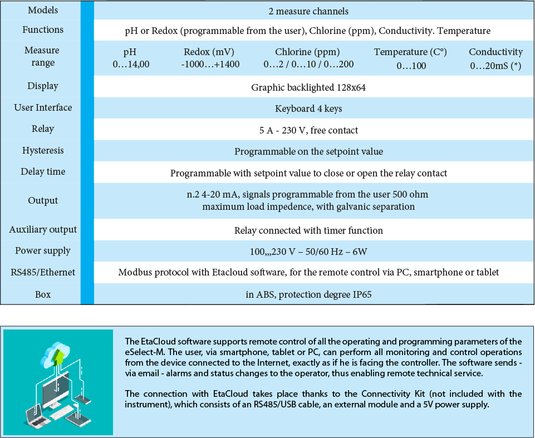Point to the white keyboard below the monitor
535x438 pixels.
[x=62, y=412]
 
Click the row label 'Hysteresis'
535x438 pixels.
[x=43, y=150]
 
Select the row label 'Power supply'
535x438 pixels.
[x=43, y=250]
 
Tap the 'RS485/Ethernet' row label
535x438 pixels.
[x=43, y=272]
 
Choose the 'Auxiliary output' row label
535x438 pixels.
[x=43, y=229]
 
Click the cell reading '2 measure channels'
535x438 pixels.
[x=308, y=11]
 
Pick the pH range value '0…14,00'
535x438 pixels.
[x=131, y=64]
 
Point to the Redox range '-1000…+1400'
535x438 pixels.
[x=210, y=64]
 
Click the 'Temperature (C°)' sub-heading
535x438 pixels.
[x=410, y=52]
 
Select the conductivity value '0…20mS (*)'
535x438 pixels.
[x=495, y=65]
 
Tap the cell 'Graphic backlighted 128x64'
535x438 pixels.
[x=308, y=87]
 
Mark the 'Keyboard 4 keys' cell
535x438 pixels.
[x=308, y=109]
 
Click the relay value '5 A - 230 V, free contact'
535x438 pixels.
[x=308, y=130]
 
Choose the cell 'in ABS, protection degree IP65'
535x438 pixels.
[x=308, y=294]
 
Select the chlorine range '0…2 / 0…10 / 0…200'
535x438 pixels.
[x=308, y=64]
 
